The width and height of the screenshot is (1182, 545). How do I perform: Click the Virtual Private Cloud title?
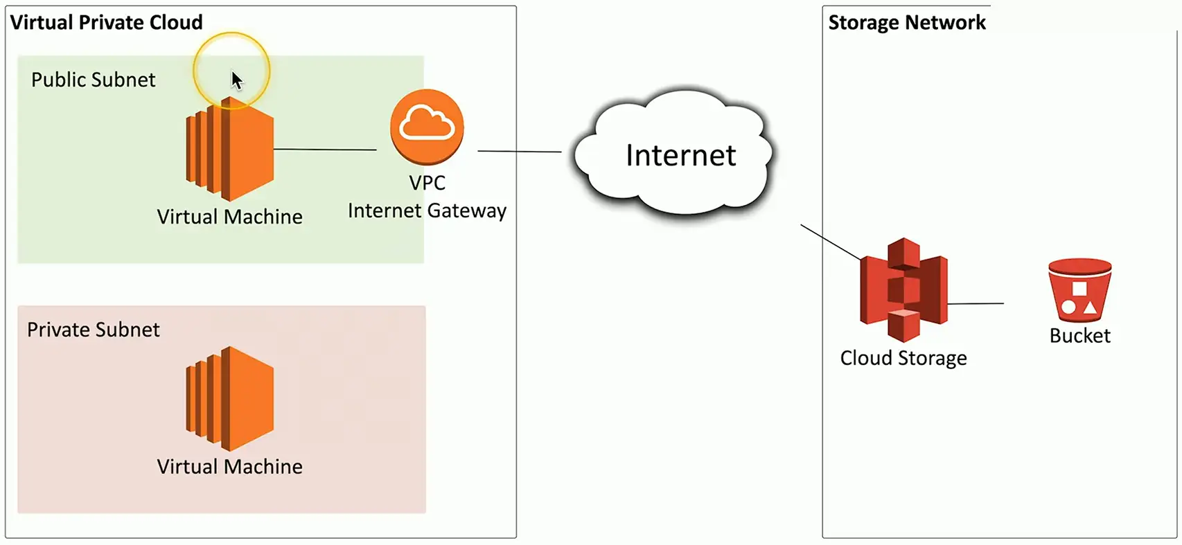[x=106, y=23]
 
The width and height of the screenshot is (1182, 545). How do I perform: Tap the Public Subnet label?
[x=94, y=80]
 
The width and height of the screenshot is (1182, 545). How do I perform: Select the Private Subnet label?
[x=94, y=330]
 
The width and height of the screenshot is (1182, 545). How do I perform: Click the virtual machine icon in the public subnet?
[x=230, y=150]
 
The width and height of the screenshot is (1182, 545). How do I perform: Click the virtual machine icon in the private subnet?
[x=230, y=399]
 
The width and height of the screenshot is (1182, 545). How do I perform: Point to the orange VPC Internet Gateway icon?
[x=427, y=126]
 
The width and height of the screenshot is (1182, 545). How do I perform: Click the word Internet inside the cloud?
[x=680, y=156]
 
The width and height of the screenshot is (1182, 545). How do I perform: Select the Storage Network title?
[x=906, y=23]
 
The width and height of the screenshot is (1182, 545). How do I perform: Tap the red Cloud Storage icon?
[x=903, y=289]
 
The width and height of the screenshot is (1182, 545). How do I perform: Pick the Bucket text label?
[x=1079, y=336]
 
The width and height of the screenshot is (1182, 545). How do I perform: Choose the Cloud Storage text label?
[x=903, y=358]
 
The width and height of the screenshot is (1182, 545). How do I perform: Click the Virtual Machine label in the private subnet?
[x=229, y=467]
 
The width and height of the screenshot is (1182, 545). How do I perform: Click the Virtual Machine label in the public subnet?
[x=229, y=217]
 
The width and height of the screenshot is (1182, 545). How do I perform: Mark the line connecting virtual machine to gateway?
[x=325, y=150]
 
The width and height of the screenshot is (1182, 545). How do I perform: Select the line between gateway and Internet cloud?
[x=519, y=151]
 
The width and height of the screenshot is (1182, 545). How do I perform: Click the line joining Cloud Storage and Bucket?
[x=976, y=303]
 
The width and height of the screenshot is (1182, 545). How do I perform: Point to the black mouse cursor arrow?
[x=236, y=80]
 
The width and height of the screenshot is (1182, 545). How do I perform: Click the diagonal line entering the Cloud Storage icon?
[x=830, y=242]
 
